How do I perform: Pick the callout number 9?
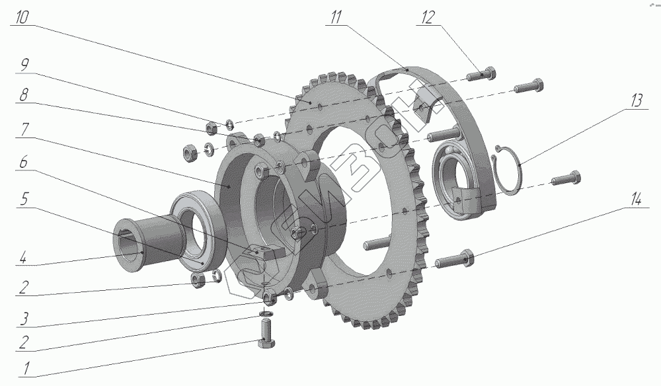[24, 65]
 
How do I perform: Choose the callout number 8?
[24, 95]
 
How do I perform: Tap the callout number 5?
[24, 198]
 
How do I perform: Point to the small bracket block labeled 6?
[262, 252]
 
